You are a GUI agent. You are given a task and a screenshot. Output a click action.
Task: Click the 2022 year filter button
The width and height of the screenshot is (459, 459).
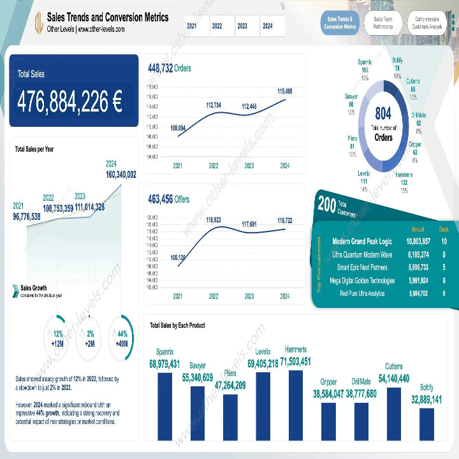[217, 26]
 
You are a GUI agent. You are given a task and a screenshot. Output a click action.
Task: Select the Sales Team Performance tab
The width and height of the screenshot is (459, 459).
[383, 23]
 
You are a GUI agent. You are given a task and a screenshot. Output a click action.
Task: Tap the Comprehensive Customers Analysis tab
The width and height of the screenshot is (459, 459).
[427, 23]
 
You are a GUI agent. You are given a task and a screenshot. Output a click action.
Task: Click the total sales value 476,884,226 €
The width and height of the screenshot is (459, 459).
[70, 101]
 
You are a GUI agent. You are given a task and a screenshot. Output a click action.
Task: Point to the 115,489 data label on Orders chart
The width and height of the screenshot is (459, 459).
[285, 92]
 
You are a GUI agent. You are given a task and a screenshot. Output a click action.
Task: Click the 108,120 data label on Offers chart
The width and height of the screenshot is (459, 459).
[178, 258]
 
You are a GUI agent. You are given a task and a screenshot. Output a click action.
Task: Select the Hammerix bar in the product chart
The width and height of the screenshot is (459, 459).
[296, 405]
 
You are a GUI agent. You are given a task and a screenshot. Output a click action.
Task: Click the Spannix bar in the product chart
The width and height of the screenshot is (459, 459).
[164, 406]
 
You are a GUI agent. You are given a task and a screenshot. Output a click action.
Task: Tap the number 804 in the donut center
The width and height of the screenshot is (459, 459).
[383, 114]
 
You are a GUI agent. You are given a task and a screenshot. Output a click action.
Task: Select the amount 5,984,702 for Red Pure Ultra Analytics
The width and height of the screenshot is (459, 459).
[418, 293]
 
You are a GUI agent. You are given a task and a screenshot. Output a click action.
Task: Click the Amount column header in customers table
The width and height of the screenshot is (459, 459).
[418, 228]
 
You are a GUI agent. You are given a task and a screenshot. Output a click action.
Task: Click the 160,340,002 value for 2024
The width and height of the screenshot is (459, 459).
[121, 174]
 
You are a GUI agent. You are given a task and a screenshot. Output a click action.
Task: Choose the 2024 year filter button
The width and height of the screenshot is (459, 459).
[268, 26]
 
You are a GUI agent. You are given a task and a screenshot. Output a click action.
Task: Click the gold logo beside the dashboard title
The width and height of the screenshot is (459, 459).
[38, 23]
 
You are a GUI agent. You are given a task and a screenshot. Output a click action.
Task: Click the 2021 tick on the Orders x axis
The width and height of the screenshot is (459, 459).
[178, 166]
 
